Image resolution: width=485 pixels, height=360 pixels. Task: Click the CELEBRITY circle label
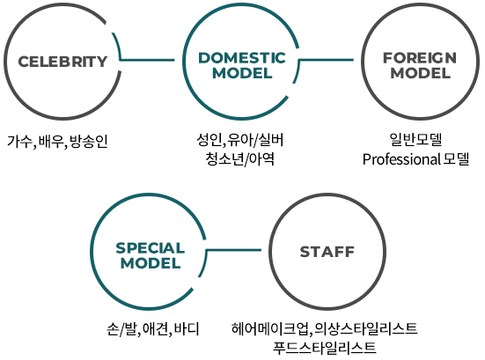pos(62,62)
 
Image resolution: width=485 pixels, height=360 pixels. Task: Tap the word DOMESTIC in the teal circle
pos(242,58)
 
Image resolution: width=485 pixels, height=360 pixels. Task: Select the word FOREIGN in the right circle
pos(420,58)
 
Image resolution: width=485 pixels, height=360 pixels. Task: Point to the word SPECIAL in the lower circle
pos(151,248)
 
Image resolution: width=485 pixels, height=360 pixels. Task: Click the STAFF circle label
pos(327,252)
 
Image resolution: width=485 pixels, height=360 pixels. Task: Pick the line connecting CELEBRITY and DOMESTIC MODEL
pos(147,60)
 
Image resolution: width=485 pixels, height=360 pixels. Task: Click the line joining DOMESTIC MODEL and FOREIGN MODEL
pos(327,60)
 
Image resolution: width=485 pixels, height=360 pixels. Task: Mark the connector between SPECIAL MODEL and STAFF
pos(234,250)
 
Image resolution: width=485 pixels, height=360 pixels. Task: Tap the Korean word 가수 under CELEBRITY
pos(19,142)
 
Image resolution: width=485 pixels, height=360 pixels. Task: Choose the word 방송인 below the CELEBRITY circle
pos(89,142)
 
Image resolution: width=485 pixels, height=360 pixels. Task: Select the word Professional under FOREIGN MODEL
pos(401,159)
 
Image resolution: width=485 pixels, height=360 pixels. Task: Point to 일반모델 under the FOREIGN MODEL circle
pos(416,139)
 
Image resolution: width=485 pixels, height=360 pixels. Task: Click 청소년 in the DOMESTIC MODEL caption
pos(224,159)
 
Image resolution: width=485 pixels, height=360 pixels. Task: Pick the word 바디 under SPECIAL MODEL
pos(187,329)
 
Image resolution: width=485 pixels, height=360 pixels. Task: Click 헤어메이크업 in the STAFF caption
pos(270,328)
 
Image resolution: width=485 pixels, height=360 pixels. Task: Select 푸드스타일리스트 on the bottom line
pos(325,348)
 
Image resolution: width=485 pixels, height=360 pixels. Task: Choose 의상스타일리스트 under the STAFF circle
pos(366,328)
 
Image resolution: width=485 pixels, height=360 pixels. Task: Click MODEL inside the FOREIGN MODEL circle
pos(421,73)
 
